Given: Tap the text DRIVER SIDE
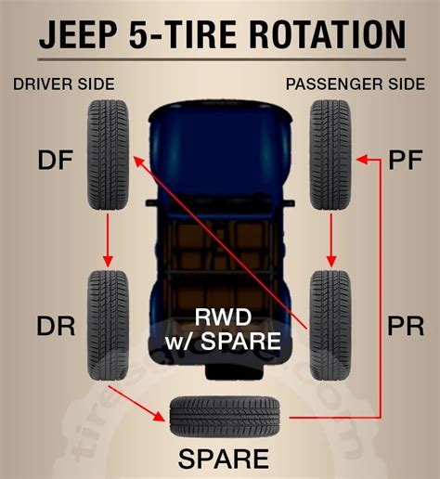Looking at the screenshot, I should pos(64,84).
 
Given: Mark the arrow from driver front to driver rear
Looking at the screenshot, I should pos(110,236).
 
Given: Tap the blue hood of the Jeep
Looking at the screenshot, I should pos(220,130).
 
